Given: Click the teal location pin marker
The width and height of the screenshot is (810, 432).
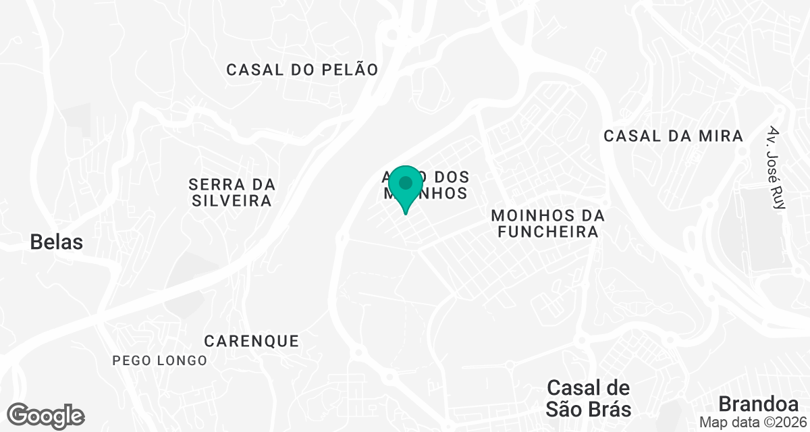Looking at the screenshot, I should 406,188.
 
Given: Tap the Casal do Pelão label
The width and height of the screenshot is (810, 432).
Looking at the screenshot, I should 302,70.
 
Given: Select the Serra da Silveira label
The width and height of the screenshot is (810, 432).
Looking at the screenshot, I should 232,192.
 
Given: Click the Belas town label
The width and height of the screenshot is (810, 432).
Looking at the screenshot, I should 57,242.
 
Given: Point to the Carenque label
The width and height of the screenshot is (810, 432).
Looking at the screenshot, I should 251,341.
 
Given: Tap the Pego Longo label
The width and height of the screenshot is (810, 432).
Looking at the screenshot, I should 160,360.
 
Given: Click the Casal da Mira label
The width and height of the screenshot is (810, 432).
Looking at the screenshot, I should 673,136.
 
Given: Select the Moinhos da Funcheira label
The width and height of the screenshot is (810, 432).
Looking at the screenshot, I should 545,223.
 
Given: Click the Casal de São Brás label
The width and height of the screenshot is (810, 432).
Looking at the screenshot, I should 589,398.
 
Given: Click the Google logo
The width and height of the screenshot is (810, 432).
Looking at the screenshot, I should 46,416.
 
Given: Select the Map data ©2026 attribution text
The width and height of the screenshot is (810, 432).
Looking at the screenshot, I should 752,422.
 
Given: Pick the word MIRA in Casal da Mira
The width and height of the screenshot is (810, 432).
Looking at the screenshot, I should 721,136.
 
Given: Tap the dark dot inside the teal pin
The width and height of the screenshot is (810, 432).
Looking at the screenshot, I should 406,182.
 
